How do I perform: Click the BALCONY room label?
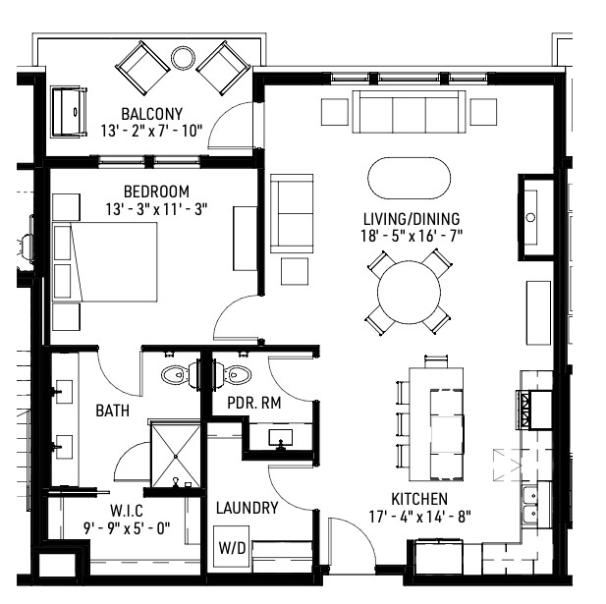point(149,113)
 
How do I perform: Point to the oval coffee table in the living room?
point(410,179)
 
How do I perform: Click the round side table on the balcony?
point(184,57)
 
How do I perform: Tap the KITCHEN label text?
point(419,498)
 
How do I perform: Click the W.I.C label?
point(128,510)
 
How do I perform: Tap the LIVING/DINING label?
point(411,218)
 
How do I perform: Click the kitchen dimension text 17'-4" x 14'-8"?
point(419,515)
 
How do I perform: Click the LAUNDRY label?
point(247,508)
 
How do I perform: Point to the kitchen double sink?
point(530,503)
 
